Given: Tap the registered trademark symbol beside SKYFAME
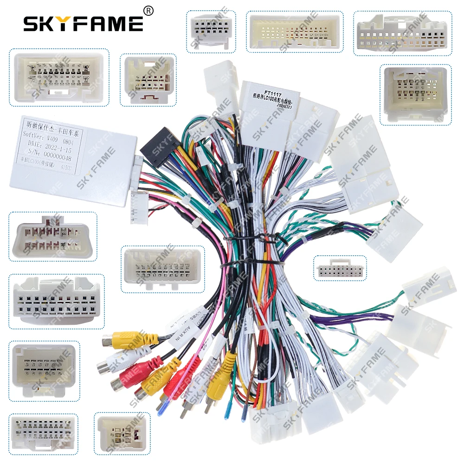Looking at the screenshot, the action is tap(148, 10).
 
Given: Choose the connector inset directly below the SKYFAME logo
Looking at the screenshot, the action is tap(59, 76).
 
